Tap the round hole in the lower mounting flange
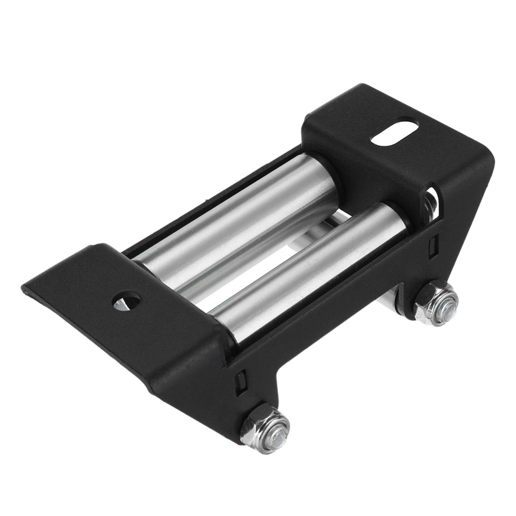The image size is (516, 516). pyautogui.click(x=126, y=301)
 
